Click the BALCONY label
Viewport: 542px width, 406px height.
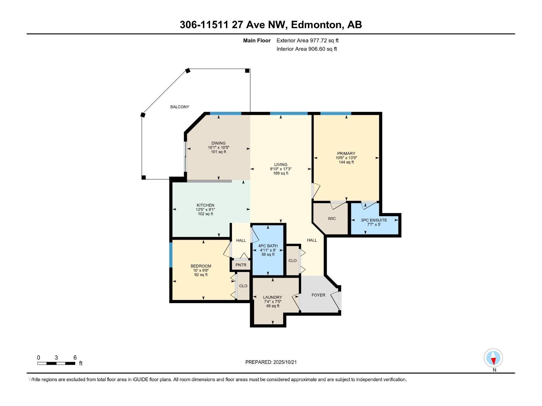coord(180,107)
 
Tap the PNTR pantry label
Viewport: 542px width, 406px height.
coord(241,265)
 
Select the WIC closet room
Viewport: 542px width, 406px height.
coord(332,219)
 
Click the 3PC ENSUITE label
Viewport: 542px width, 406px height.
coord(374,220)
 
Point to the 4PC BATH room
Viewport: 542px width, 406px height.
coord(268,250)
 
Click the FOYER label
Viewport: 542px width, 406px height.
coord(318,295)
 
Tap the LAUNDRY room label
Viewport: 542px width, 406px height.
coord(272,297)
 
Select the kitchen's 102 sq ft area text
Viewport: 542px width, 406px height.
coord(205,214)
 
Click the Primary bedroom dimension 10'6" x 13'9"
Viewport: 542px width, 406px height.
coord(346,158)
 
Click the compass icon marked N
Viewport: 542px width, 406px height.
coord(493,358)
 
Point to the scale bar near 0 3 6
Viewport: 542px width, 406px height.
coord(56,363)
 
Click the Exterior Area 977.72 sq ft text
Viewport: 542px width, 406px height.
coord(307,41)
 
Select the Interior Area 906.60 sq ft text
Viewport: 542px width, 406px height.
coord(307,49)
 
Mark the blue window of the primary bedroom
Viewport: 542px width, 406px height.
coord(335,114)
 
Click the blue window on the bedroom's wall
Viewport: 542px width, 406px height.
coord(171,254)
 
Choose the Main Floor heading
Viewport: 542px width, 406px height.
coord(257,41)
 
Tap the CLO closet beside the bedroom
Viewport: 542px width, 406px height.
coord(243,286)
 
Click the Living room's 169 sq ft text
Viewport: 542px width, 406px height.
coord(280,173)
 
